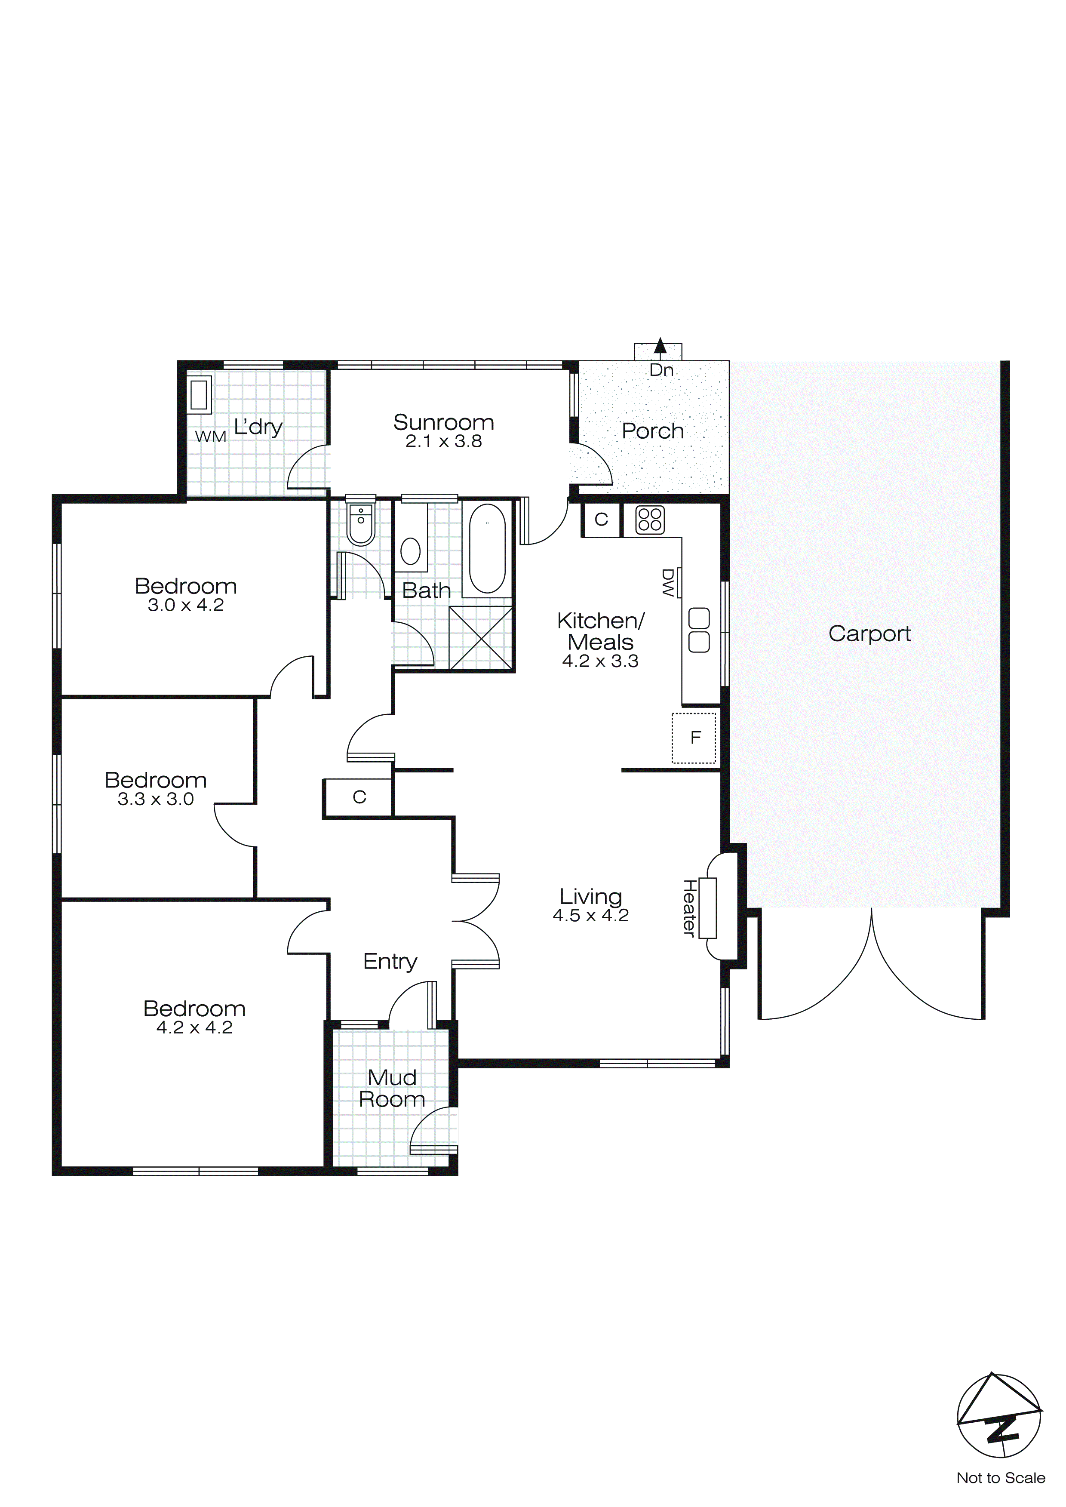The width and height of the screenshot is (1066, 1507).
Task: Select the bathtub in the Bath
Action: click(487, 548)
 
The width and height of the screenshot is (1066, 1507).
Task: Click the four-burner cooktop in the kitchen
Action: click(650, 520)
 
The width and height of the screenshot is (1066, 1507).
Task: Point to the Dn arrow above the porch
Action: click(660, 346)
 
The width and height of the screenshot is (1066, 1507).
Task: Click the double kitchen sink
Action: click(699, 630)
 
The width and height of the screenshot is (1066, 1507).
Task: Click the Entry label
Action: click(390, 962)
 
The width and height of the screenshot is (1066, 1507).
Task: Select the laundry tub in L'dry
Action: click(199, 394)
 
